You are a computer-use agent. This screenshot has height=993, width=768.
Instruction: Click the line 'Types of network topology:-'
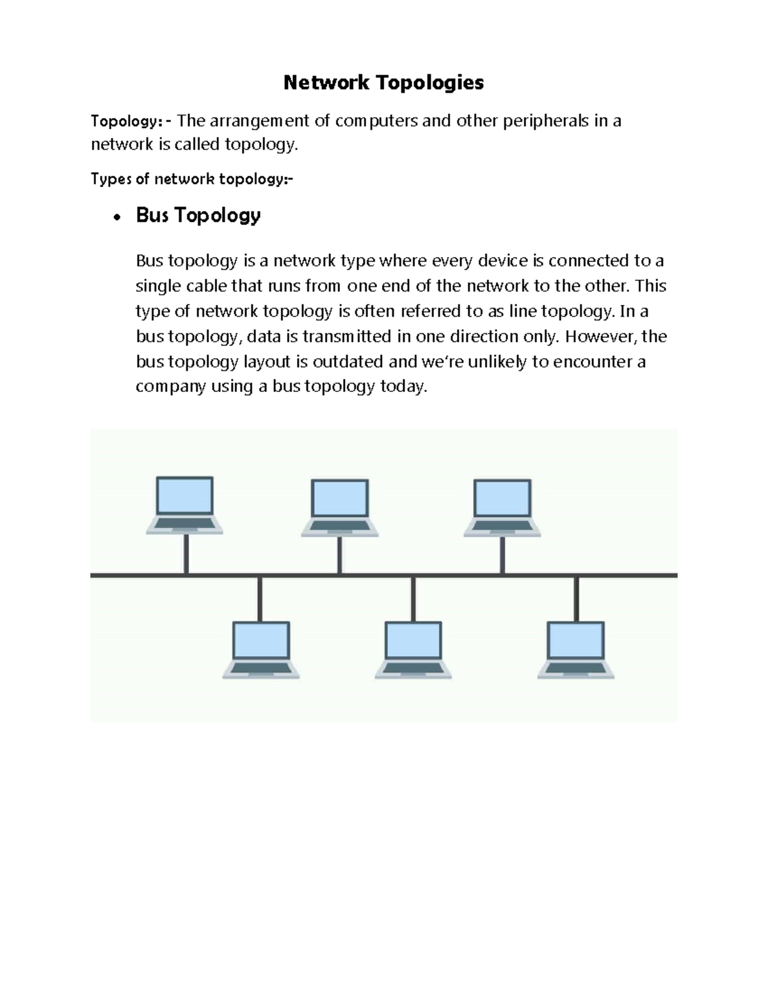(192, 179)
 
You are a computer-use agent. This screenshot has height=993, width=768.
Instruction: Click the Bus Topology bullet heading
(198, 215)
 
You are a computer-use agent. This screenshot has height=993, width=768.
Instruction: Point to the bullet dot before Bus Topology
(116, 217)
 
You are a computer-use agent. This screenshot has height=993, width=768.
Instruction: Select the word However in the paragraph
(600, 336)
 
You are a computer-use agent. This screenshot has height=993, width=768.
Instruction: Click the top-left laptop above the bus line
(185, 505)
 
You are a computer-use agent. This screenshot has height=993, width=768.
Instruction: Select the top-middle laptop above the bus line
(339, 508)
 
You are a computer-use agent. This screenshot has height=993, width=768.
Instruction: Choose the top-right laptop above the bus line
(502, 508)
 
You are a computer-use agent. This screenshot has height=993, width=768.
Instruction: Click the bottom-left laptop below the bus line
(260, 650)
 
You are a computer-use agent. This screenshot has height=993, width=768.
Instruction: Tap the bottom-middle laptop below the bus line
(413, 650)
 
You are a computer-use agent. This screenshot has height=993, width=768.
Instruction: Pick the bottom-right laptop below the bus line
(576, 650)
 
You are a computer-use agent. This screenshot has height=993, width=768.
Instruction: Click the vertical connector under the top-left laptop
(186, 554)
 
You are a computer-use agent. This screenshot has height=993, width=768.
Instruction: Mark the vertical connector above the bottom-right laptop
(577, 598)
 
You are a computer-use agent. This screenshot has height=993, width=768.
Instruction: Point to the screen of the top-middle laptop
(339, 498)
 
